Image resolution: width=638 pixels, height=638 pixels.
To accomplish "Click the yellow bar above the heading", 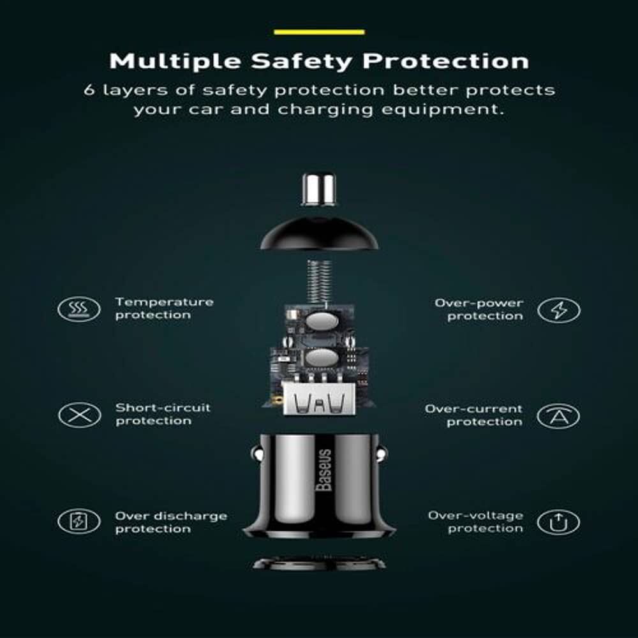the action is pyautogui.click(x=320, y=32).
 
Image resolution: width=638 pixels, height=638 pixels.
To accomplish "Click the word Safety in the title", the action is pyautogui.click(x=302, y=61).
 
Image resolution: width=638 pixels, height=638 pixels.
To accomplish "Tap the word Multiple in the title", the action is pyautogui.click(x=175, y=61).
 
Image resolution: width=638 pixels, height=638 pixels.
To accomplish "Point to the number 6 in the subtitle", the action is pyautogui.click(x=89, y=90).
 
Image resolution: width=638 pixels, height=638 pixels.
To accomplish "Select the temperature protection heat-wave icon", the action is pyautogui.click(x=79, y=309).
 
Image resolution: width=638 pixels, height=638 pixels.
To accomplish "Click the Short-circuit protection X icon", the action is pyautogui.click(x=79, y=415).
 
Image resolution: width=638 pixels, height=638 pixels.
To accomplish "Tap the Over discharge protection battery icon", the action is pyautogui.click(x=79, y=521).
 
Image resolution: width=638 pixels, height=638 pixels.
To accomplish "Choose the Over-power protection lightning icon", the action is pyautogui.click(x=559, y=310).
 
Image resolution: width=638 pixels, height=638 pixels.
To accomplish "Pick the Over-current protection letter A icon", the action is pyautogui.click(x=558, y=416).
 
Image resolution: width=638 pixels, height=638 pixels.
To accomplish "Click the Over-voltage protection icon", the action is pyautogui.click(x=558, y=522).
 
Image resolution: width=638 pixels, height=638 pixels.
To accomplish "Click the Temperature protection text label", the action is pyautogui.click(x=164, y=308).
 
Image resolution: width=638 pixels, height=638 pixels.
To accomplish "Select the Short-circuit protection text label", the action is pyautogui.click(x=163, y=414).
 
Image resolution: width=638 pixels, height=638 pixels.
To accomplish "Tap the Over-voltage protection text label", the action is pyautogui.click(x=476, y=522).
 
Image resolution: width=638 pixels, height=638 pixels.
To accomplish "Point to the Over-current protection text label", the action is pyautogui.click(x=473, y=415).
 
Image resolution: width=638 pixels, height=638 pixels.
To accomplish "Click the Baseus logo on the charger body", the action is pyautogui.click(x=324, y=470).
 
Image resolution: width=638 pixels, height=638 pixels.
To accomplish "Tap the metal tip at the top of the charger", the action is pyautogui.click(x=318, y=189).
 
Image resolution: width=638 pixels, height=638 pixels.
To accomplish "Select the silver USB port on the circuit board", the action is pyautogui.click(x=318, y=399).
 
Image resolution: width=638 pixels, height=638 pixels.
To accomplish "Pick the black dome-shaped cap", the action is pyautogui.click(x=320, y=233).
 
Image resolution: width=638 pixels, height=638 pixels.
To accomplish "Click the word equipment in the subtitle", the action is pyautogui.click(x=443, y=110).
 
